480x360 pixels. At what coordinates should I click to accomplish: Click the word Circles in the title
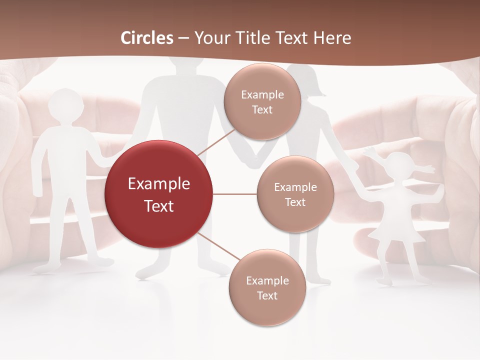[147, 38]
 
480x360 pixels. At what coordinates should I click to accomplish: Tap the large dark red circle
[159, 194]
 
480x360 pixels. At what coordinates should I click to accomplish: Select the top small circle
[262, 101]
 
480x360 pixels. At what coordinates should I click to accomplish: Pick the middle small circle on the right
[295, 194]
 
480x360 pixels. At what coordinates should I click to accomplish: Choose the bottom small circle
[267, 287]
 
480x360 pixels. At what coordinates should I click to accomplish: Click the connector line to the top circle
[215, 139]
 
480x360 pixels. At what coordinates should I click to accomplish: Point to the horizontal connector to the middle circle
[235, 194]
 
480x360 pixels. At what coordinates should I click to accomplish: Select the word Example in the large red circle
[159, 184]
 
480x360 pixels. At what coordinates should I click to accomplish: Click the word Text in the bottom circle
[267, 295]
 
